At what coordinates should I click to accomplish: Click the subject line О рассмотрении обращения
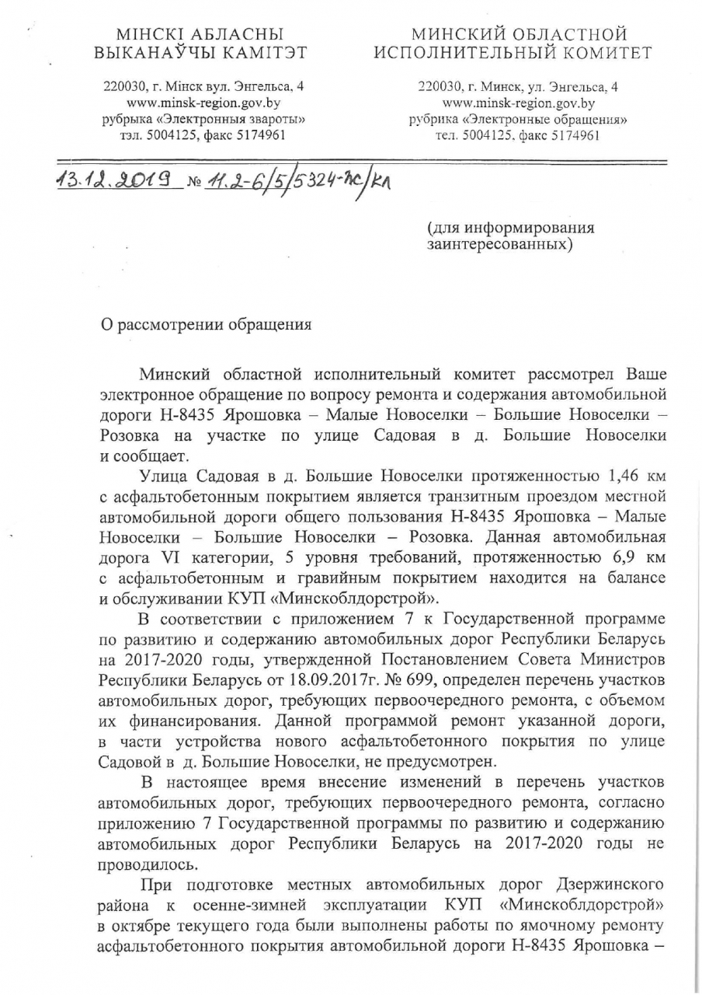pyautogui.click(x=207, y=325)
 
